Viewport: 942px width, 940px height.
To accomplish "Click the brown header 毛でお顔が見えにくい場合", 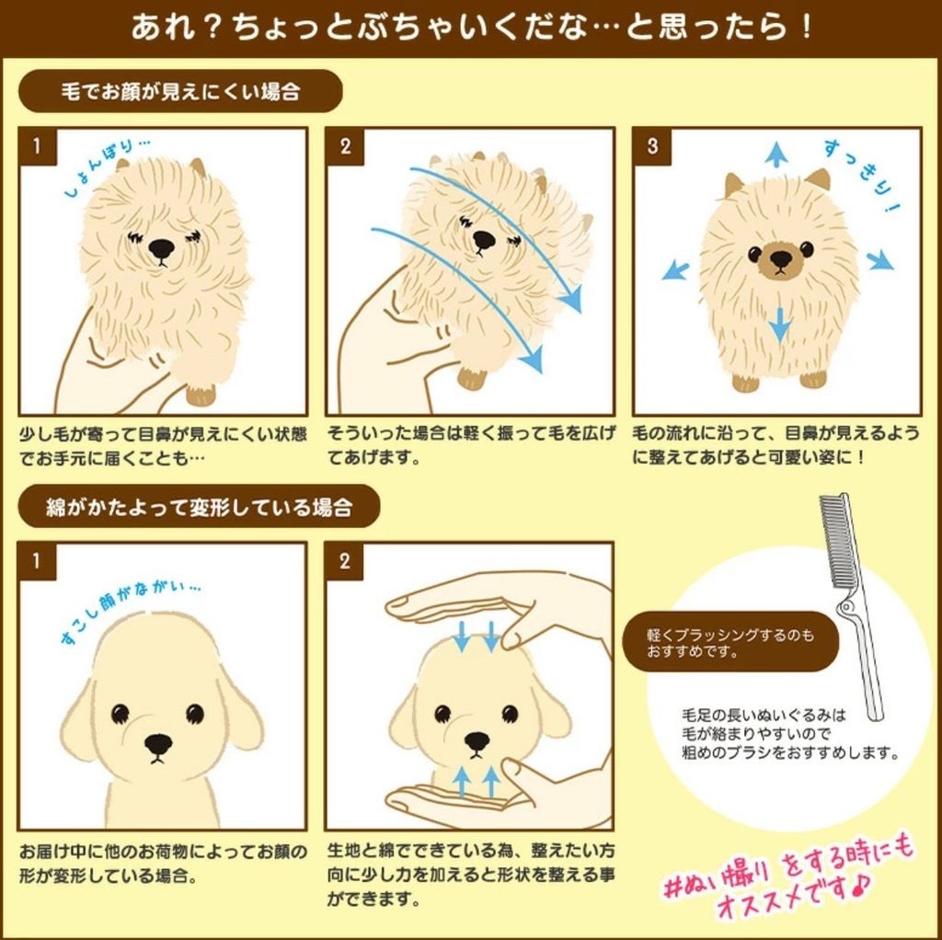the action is (180, 91).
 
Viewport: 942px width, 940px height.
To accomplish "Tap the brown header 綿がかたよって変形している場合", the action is (199, 507).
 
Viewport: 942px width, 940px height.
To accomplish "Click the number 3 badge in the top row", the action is (652, 146).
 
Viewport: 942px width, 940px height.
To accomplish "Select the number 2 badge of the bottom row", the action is (344, 562).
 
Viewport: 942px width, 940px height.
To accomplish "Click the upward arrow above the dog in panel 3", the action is (776, 154).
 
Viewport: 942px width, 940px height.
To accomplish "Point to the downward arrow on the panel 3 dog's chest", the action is (779, 325).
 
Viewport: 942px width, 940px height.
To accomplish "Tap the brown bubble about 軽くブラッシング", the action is (729, 642).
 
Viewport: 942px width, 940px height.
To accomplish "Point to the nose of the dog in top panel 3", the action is (780, 258).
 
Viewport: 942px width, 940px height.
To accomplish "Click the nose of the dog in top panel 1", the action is (161, 248).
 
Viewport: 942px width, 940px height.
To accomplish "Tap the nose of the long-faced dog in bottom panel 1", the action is (158, 744).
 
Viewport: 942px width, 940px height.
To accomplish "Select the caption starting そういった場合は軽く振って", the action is (471, 445).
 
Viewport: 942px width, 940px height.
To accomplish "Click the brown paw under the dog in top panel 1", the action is (201, 395).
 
